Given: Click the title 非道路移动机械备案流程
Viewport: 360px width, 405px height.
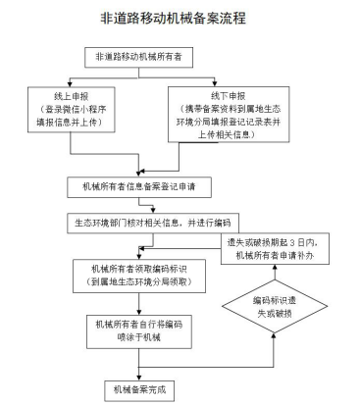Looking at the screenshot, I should pyautogui.click(x=180, y=18).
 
